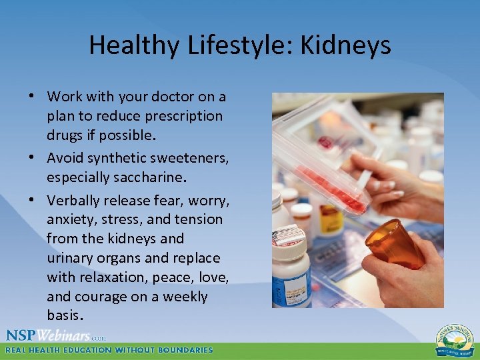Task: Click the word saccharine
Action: [144, 178]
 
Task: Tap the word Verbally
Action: [73, 200]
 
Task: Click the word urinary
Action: [70, 258]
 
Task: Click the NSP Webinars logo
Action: [56, 335]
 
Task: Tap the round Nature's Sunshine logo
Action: [455, 339]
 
